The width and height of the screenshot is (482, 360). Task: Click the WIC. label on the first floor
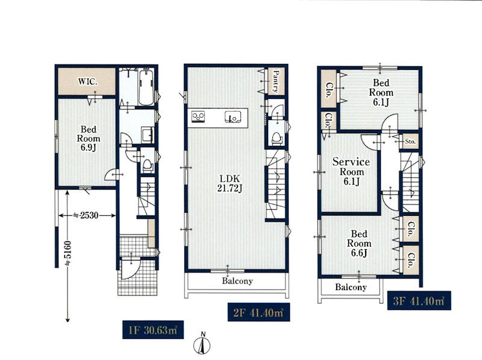point(87,82)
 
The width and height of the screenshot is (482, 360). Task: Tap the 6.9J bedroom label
point(88,138)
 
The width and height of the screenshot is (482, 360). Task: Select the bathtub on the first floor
point(146,88)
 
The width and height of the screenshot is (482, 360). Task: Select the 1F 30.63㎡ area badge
point(153,329)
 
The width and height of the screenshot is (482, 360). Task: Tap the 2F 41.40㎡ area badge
point(258,312)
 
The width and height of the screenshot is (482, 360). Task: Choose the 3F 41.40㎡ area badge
point(419,300)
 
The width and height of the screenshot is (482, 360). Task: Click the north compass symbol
point(202,344)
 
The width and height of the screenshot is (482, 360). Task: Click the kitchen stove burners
point(198,116)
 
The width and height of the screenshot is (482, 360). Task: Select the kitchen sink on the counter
point(233,117)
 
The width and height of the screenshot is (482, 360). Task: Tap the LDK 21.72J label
point(230,183)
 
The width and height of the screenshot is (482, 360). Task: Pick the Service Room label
point(351,171)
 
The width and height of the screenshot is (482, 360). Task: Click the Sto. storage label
point(410,142)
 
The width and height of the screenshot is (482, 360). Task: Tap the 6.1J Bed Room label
point(381,92)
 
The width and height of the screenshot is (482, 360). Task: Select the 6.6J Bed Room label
point(359,244)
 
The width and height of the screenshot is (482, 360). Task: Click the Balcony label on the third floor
point(351,287)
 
